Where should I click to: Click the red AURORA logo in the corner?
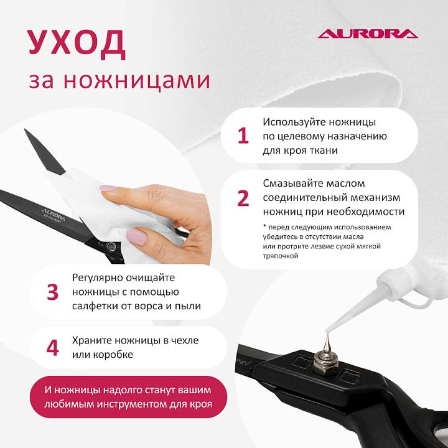[x=368, y=34]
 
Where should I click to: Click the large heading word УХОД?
[x=77, y=44]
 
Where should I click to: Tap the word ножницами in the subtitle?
[x=137, y=80]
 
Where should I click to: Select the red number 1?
[x=243, y=136]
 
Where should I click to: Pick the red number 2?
[x=243, y=198]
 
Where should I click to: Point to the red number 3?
[x=52, y=292]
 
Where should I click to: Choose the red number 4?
[x=52, y=348]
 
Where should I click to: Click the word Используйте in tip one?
[x=294, y=123]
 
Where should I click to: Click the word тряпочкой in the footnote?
[x=280, y=256]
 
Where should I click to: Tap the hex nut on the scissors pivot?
[x=325, y=364]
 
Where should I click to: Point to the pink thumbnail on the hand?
[x=136, y=236]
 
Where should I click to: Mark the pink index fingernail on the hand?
[x=108, y=188]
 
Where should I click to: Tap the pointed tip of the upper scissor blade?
[x=24, y=129]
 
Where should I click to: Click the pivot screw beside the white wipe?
[x=110, y=246]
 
